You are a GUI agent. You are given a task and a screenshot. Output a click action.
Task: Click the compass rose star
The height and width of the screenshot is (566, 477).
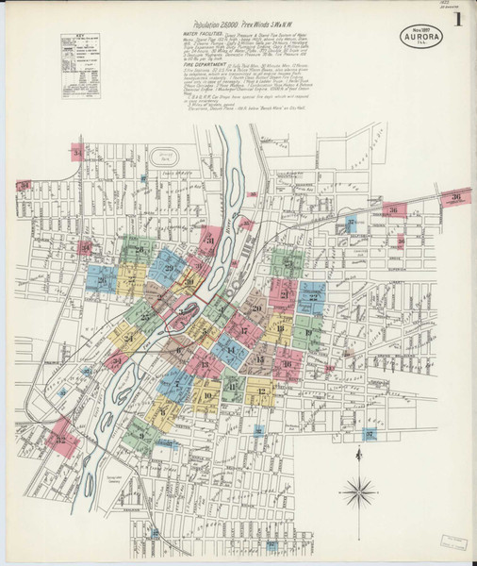pos(358,490)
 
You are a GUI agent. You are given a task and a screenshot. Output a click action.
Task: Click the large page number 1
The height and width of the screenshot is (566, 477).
pos(458,20)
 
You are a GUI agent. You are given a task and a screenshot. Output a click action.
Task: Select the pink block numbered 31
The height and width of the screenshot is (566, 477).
pos(210,240)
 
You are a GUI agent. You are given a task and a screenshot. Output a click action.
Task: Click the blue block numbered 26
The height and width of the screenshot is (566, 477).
pos(100,278)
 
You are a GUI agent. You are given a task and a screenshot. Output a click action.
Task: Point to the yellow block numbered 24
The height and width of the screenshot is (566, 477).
pos(128,335)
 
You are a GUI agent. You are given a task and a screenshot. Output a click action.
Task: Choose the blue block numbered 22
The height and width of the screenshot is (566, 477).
pos(311,297)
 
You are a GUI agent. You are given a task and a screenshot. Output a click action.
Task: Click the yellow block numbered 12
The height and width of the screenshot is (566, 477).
pos(260,391)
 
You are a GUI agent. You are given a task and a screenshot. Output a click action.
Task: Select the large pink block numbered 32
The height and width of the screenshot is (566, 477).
pos(63,437)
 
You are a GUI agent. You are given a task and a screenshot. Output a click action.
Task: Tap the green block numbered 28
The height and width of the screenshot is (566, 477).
pos(139,250)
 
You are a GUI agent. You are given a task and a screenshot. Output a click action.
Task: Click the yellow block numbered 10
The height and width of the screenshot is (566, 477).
pos(206,395)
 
